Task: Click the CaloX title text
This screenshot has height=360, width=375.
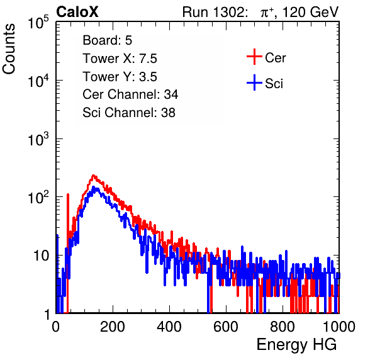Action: pos(77,12)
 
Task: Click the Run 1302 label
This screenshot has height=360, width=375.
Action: pos(215,12)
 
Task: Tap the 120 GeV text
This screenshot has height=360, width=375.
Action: pos(311,12)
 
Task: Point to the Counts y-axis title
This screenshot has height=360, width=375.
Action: pos(9,49)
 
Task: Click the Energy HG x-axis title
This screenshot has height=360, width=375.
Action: pos(296,344)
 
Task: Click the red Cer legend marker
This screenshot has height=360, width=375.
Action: pos(254,57)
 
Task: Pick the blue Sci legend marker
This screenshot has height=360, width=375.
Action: pos(254,82)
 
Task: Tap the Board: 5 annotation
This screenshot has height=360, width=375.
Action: pos(107,40)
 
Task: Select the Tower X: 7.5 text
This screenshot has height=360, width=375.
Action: pos(120,59)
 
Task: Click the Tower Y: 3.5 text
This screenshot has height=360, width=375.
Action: pos(120,77)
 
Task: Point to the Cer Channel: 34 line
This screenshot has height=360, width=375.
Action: pos(130,94)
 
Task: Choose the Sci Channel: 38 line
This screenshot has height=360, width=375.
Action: pos(129,113)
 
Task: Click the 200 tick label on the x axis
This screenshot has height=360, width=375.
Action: pos(113,327)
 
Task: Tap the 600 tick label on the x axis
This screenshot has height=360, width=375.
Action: pos(226,327)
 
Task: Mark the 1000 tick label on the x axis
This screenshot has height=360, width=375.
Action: pos(339,327)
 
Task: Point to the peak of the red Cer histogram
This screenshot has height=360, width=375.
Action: pos(94,176)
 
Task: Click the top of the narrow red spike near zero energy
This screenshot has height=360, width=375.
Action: pos(68,194)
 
